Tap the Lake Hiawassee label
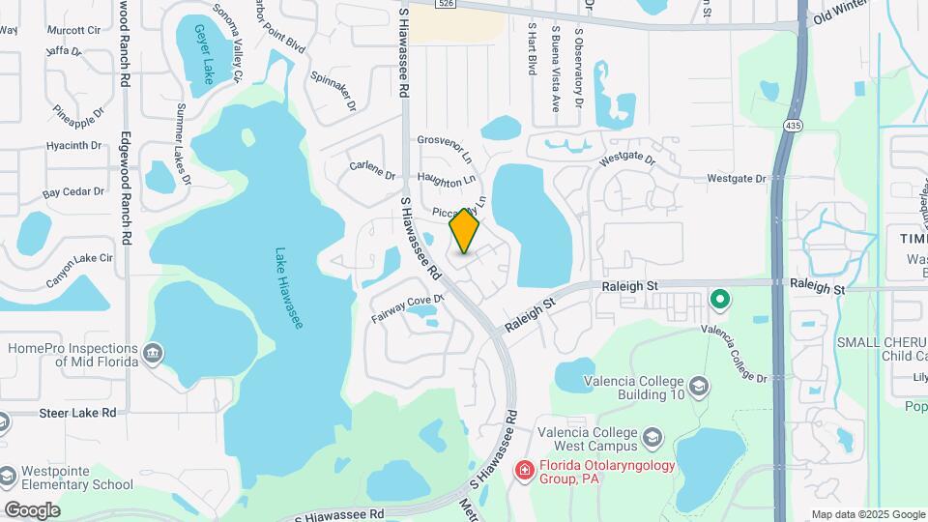289,286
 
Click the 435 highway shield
794,126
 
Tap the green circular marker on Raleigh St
719,300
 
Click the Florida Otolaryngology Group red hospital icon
524,471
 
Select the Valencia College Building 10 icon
701,388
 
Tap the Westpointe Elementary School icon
9,477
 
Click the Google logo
32,509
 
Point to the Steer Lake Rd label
77,413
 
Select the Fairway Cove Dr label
406,308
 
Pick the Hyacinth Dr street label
73,146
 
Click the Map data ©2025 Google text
867,514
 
